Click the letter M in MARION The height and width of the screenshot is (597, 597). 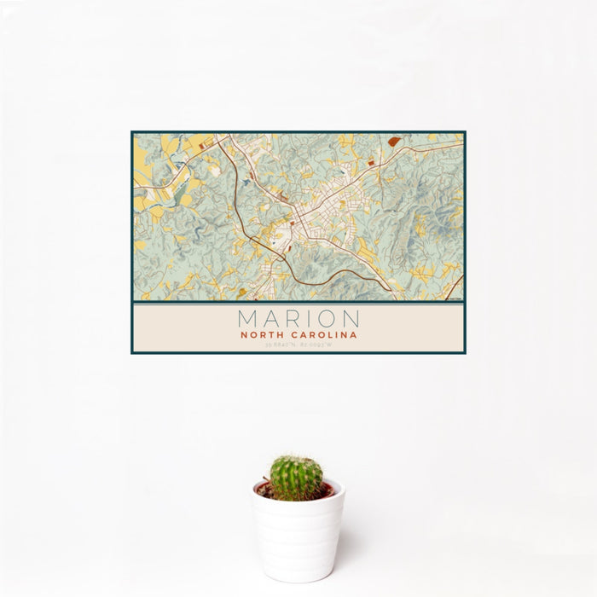(x=248, y=319)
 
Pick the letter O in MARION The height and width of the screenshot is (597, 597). (x=327, y=319)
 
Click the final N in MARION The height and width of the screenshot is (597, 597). (x=351, y=319)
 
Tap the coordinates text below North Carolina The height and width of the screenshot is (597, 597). (x=298, y=345)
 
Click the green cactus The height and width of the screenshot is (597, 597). (x=297, y=476)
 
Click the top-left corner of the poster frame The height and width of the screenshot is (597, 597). (x=131, y=131)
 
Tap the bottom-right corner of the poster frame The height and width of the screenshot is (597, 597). (x=466, y=353)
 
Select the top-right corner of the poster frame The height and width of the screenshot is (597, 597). (x=466, y=131)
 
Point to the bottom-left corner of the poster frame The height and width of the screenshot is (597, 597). (x=131, y=353)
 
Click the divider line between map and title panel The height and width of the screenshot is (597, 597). (x=298, y=303)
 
